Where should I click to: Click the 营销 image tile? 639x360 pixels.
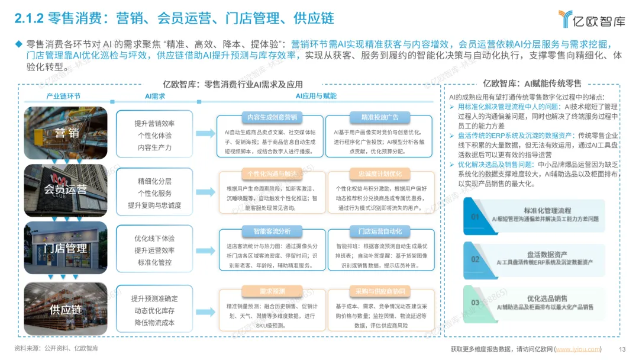click(66, 132)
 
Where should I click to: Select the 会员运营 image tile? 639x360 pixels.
click(66, 189)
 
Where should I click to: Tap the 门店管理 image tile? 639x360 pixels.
click(66, 248)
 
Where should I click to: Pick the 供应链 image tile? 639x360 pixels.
click(66, 308)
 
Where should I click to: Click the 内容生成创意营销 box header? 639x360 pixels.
click(269, 117)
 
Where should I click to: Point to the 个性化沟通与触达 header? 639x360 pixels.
click(269, 173)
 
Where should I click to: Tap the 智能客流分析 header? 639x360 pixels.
click(269, 232)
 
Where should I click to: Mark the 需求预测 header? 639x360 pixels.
click(269, 291)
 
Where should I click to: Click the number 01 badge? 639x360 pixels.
click(475, 217)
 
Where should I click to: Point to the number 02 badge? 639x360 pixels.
click(475, 259)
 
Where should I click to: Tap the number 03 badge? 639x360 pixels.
click(475, 303)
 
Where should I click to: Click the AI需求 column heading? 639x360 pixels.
click(154, 96)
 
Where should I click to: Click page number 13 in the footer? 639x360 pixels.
click(622, 349)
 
